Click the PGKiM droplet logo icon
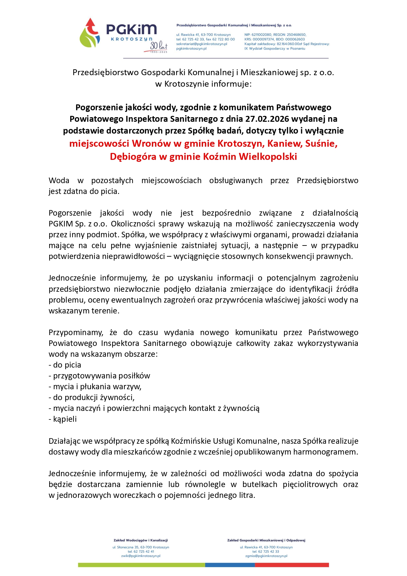pyautogui.click(x=89, y=32)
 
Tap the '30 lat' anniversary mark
pyautogui.click(x=159, y=47)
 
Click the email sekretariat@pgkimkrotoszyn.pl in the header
pyautogui.click(x=202, y=44)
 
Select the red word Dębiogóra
pyautogui.click(x=133, y=157)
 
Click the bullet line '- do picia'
pyautogui.click(x=65, y=365)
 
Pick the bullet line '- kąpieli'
pyautogui.click(x=63, y=419)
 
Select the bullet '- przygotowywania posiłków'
pyautogui.click(x=99, y=376)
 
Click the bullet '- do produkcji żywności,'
pyautogui.click(x=92, y=397)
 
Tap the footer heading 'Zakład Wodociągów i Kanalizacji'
pyautogui.click(x=141, y=540)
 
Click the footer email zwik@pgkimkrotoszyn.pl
pyautogui.click(x=141, y=556)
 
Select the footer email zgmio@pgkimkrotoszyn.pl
pyautogui.click(x=266, y=556)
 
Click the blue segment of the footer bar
pyautogui.click(x=230, y=565)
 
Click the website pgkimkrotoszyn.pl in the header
pyautogui.click(x=192, y=49)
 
